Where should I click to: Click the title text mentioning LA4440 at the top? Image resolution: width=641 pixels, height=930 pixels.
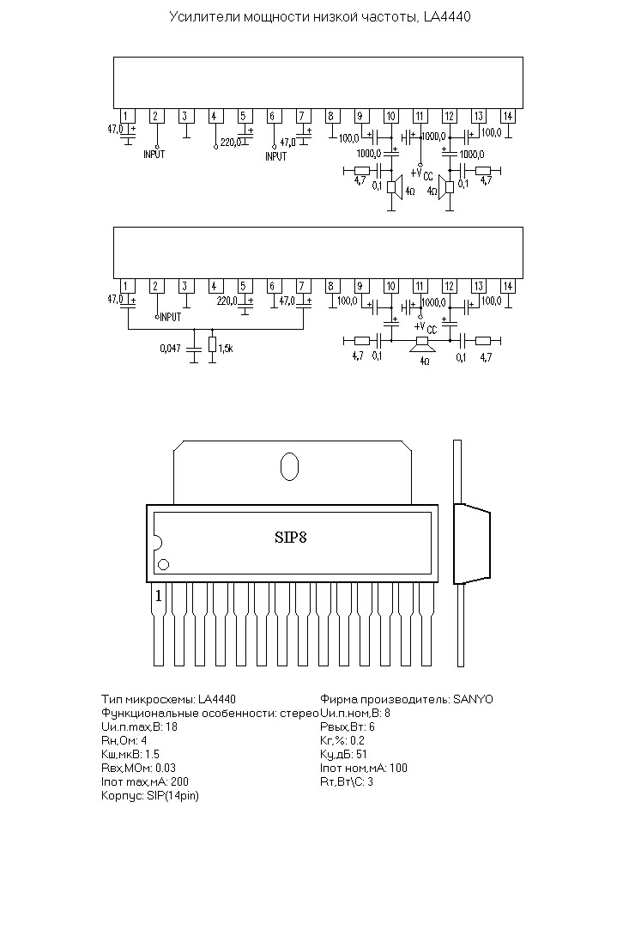tap(320, 17)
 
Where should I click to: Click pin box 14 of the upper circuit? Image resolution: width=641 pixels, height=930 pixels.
tap(507, 116)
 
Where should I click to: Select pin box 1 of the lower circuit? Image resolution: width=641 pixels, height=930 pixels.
tap(125, 287)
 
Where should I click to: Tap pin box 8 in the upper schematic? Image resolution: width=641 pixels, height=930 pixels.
tap(330, 116)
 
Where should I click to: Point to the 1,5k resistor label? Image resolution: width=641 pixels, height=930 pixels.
tap(226, 349)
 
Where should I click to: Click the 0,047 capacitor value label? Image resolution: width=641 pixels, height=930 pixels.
tap(170, 349)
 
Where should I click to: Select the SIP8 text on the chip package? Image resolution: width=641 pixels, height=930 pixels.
tap(290, 538)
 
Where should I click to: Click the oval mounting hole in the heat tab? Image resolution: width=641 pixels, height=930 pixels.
tap(289, 465)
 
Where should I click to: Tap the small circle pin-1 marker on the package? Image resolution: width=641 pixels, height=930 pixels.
tap(164, 565)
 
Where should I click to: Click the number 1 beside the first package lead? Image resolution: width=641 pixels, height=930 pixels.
tap(158, 596)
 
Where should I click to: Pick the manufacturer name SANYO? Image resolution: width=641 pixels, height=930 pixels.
tap(474, 699)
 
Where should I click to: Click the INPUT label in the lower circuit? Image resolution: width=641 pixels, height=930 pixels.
tap(171, 318)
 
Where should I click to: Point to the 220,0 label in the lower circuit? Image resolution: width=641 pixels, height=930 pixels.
tap(227, 301)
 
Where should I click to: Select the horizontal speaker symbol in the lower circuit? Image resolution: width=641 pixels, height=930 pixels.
tap(423, 344)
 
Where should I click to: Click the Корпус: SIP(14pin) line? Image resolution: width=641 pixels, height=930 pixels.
tap(150, 796)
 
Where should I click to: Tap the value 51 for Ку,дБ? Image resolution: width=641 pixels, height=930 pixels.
tap(361, 755)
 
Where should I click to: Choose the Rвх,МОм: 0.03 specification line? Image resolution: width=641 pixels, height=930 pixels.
tap(139, 768)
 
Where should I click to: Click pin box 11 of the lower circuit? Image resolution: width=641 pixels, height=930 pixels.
tap(420, 287)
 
